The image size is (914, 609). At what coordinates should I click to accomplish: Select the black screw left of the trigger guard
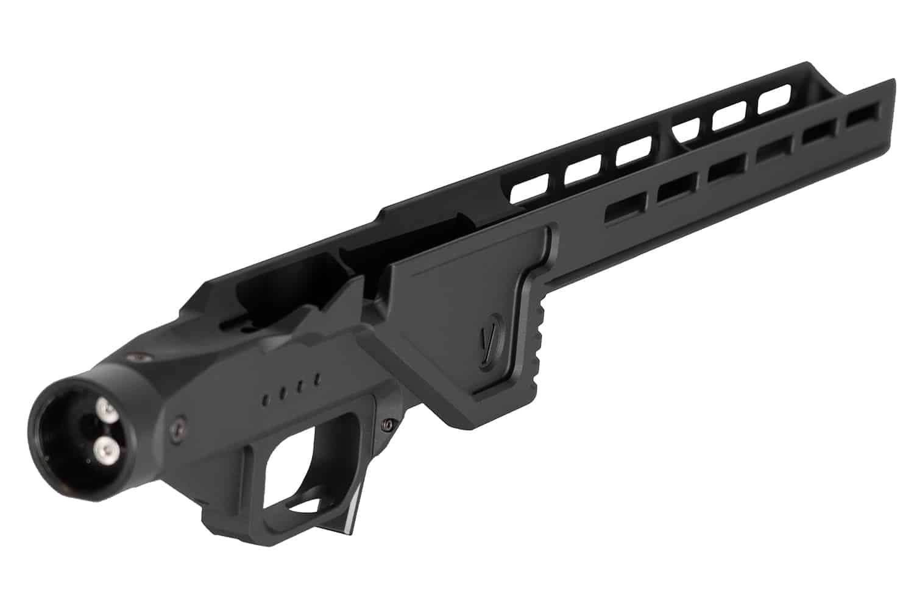coord(178,428)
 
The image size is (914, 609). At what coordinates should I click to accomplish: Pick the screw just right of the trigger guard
coord(386,422)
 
